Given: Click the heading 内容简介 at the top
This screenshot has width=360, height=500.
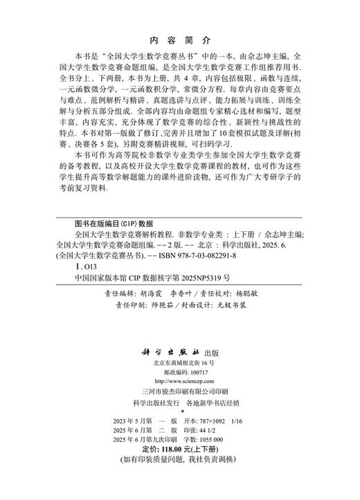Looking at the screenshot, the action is [179, 40].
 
